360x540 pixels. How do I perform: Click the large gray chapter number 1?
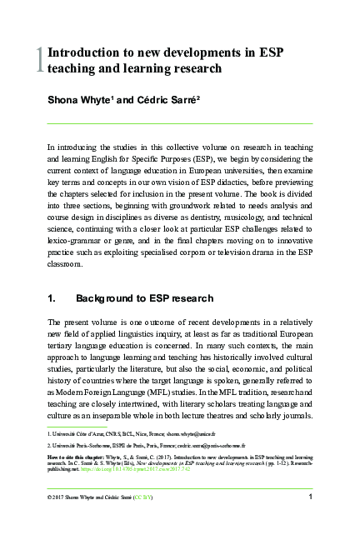(x=39, y=59)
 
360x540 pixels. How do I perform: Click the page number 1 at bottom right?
(x=309, y=497)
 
